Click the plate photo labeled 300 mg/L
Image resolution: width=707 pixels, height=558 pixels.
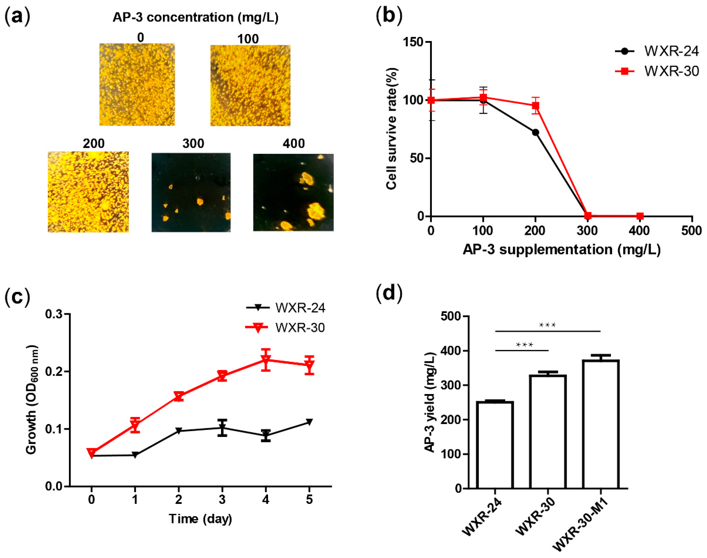point(191,192)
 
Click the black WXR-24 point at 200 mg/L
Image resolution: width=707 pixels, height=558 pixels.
point(536,132)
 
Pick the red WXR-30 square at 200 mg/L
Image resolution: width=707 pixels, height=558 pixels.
point(536,106)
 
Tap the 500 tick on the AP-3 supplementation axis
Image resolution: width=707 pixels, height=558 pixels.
point(691,231)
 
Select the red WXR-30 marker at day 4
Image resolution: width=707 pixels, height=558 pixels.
point(266,360)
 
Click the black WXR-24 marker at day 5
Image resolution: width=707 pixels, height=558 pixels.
point(309,422)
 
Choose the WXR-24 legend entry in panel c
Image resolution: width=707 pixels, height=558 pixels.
point(286,308)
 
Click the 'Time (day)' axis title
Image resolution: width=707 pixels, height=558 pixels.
point(200,519)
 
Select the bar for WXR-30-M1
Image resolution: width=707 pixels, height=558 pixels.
point(601,424)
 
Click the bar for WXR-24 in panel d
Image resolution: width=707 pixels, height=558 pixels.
point(495,445)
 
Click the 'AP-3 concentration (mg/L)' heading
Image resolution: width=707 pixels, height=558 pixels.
point(195,17)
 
